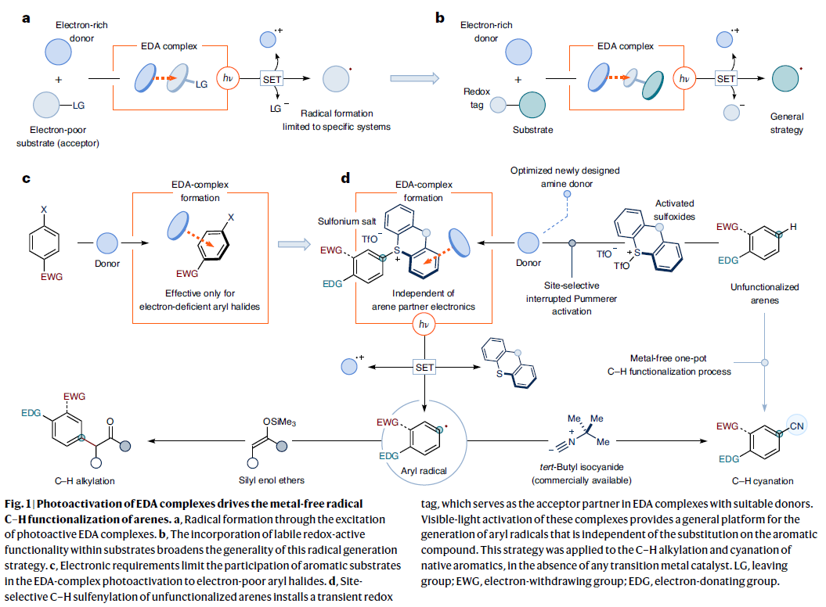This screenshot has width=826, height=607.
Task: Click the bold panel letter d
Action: [345, 179]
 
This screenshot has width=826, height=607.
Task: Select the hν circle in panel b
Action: [685, 78]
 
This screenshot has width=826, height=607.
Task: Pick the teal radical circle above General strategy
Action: [784, 78]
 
